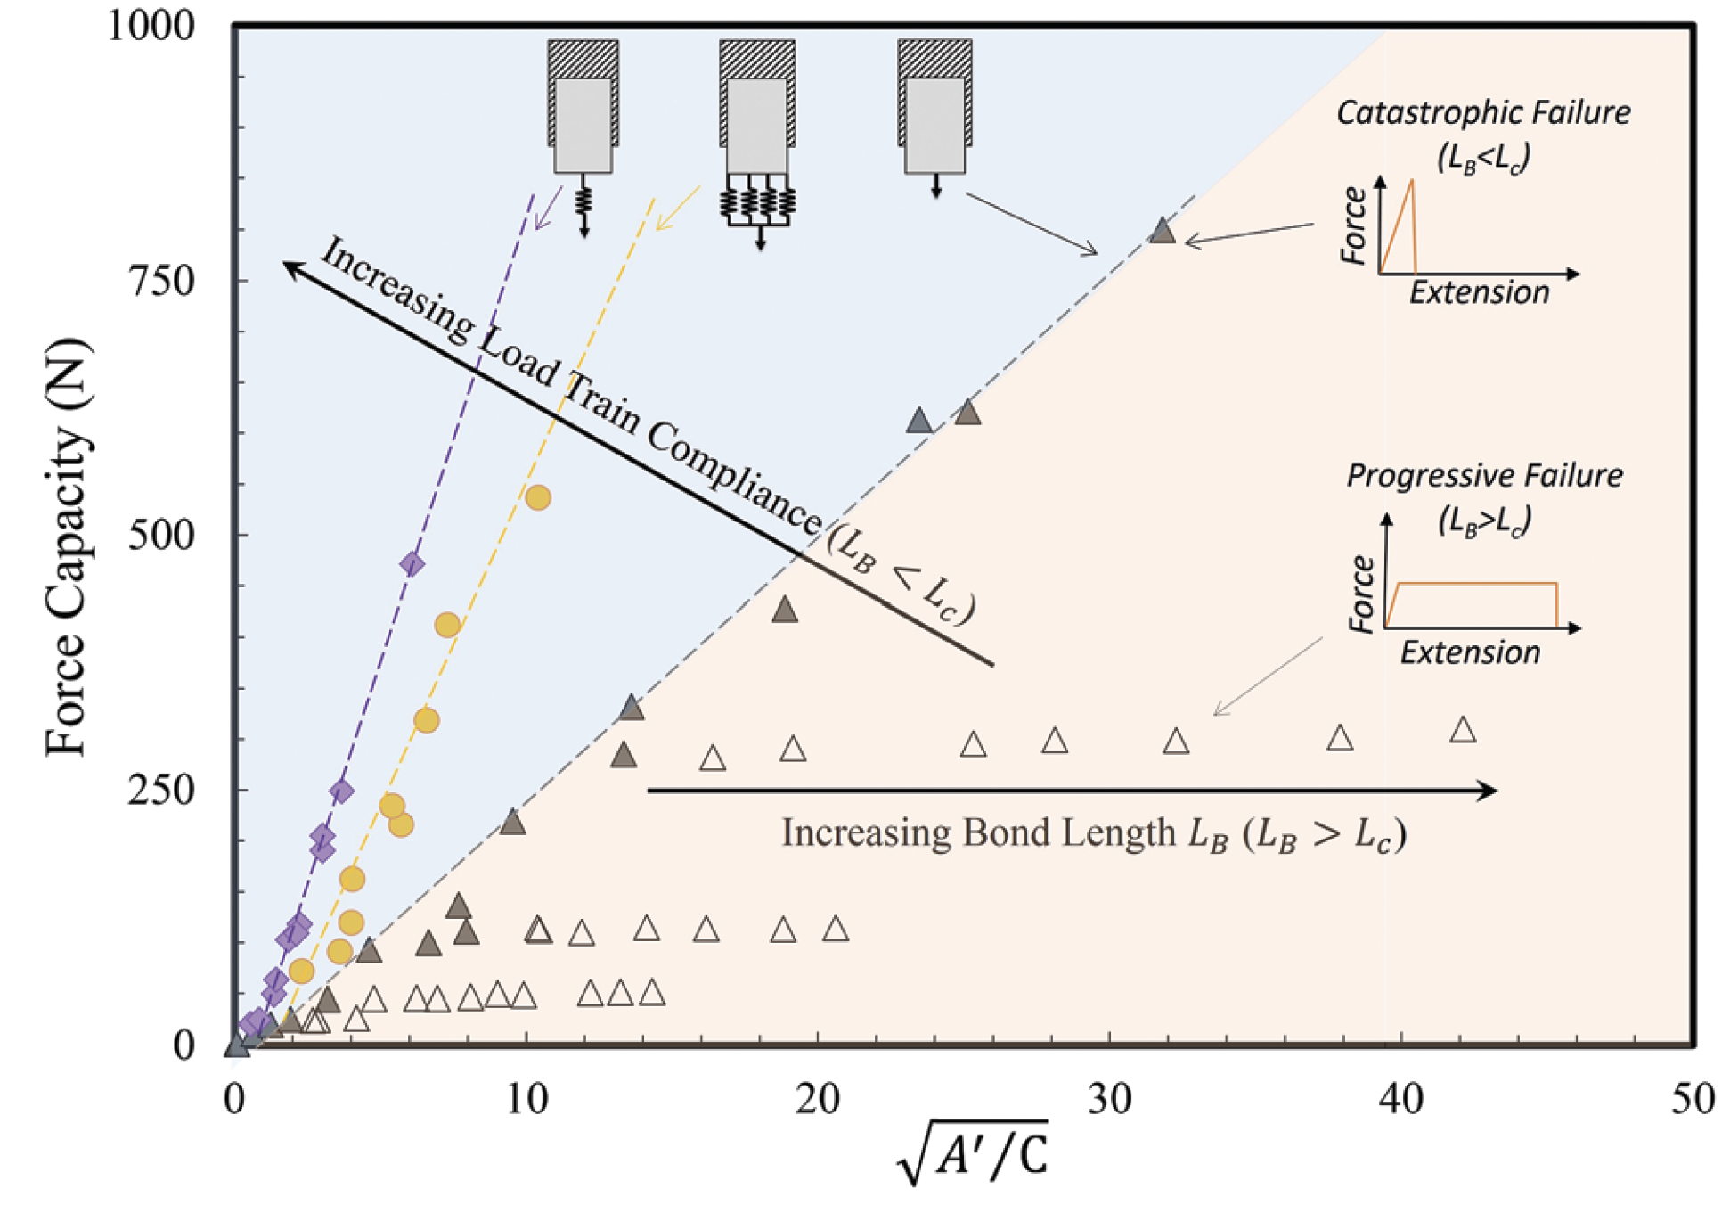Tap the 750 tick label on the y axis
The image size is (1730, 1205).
click(x=161, y=281)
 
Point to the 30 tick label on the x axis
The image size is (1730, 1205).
click(x=1109, y=1099)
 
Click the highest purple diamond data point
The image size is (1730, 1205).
click(x=412, y=563)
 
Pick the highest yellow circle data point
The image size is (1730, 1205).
click(x=537, y=497)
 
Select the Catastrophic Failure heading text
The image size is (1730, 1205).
click(x=1483, y=113)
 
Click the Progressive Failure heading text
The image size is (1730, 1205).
click(x=1484, y=475)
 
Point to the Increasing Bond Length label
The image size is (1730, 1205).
click(x=1093, y=833)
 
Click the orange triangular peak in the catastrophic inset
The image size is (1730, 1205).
click(x=1411, y=184)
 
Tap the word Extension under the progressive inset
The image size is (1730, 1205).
click(x=1470, y=652)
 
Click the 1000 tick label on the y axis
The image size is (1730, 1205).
click(x=151, y=26)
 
